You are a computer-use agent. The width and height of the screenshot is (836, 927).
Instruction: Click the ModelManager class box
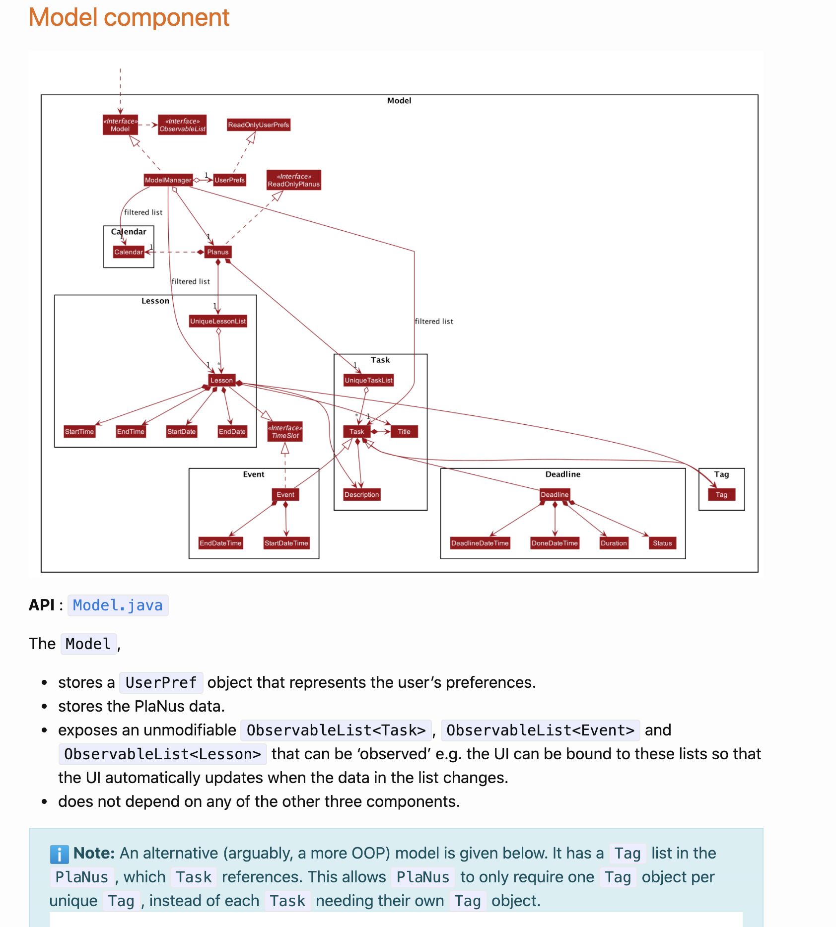click(168, 180)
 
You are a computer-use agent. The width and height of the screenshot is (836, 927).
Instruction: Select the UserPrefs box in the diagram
click(229, 180)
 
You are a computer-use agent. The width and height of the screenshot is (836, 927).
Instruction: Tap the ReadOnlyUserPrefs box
click(258, 125)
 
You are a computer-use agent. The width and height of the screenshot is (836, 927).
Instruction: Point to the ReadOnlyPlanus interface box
click(293, 180)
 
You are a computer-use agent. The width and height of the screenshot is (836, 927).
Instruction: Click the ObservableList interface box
click(182, 125)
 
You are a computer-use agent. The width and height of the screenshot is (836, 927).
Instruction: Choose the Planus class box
click(217, 252)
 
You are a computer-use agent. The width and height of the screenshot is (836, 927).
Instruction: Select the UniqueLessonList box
click(218, 322)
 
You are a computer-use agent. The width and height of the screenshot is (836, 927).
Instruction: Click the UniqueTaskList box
click(368, 381)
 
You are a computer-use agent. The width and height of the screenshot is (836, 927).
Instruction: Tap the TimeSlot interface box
click(285, 432)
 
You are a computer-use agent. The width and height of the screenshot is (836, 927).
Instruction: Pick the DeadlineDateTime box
click(480, 543)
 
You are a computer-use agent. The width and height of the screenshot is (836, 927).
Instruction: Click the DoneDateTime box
click(555, 543)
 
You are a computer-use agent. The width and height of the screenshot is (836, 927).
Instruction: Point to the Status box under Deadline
click(662, 543)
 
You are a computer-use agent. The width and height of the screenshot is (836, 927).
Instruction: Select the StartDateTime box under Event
click(286, 543)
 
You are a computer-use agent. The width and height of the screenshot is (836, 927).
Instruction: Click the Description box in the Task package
click(361, 495)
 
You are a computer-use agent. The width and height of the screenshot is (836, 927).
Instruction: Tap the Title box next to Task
click(404, 432)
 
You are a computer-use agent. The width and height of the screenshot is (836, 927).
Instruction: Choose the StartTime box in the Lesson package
click(79, 432)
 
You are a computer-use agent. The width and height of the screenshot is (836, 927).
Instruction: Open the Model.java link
click(118, 605)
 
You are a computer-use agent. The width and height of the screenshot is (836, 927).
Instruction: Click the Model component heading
click(129, 18)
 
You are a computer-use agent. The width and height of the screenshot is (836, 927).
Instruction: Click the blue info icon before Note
click(59, 854)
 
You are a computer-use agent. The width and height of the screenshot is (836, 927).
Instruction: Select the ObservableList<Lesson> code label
click(162, 754)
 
